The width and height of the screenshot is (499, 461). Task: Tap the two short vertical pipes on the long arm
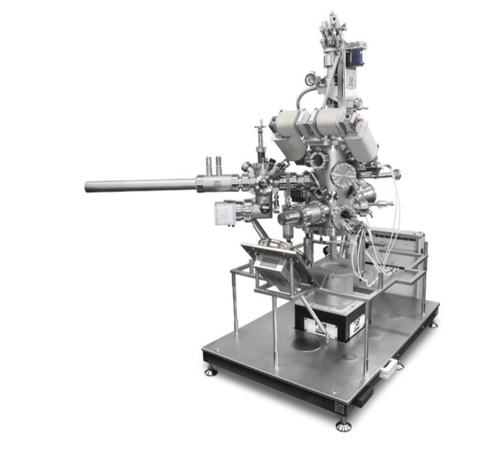(x=212, y=166)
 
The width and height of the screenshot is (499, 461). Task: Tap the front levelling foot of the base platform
(x=344, y=425)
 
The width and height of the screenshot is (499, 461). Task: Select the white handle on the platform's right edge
(x=389, y=368)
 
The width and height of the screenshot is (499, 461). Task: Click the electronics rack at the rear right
(x=402, y=253)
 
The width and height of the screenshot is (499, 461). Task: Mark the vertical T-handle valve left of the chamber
(x=261, y=135)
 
